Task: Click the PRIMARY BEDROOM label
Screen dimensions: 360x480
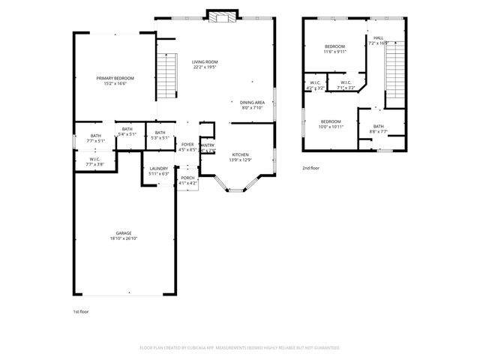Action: click(115, 78)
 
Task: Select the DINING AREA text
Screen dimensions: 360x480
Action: click(252, 102)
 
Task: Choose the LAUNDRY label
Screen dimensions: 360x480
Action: click(158, 168)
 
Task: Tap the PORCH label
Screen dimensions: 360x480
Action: click(187, 178)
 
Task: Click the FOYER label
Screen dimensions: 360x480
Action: click(187, 144)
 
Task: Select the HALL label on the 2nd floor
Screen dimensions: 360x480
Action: click(378, 38)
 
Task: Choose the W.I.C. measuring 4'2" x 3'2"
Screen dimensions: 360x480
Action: click(315, 83)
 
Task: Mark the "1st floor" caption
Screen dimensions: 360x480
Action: click(80, 310)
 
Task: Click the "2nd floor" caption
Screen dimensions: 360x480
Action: click(310, 169)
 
